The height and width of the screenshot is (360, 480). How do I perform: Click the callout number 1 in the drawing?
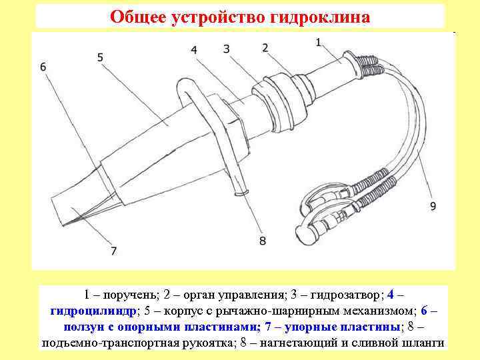(x=318, y=42)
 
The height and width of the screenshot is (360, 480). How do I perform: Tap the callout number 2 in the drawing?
(x=265, y=47)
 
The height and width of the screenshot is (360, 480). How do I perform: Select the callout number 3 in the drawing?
(x=227, y=48)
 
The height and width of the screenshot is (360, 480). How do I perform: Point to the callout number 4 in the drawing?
(x=193, y=50)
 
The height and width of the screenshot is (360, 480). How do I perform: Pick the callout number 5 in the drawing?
(x=100, y=57)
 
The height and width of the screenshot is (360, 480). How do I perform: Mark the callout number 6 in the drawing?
(x=43, y=67)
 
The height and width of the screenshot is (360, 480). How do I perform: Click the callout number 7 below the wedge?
(x=114, y=251)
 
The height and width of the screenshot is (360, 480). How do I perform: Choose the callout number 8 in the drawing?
(x=262, y=240)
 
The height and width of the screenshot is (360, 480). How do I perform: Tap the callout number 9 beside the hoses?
(x=433, y=207)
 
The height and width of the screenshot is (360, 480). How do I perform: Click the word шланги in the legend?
(x=424, y=343)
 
